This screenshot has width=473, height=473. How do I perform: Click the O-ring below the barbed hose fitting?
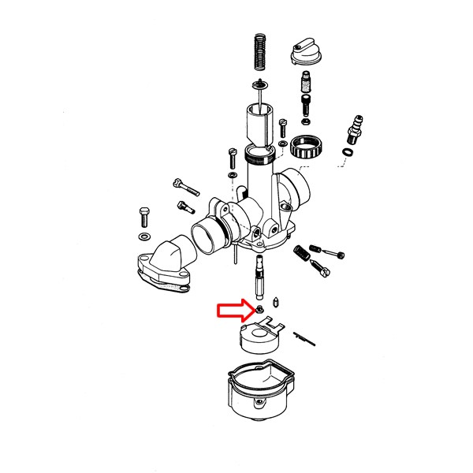[348, 151]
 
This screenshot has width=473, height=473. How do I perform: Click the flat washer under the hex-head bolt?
[143, 236]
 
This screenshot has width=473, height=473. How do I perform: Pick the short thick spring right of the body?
[300, 254]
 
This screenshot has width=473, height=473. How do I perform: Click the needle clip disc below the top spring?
[259, 84]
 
